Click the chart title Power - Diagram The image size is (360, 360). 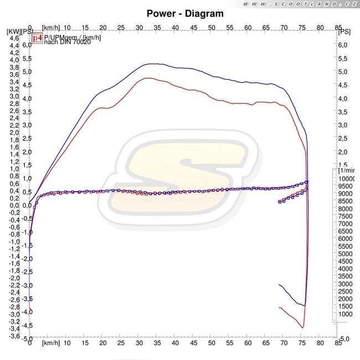186,13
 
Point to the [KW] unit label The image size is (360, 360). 13,31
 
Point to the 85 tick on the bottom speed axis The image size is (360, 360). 337,343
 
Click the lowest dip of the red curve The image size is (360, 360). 302,328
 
